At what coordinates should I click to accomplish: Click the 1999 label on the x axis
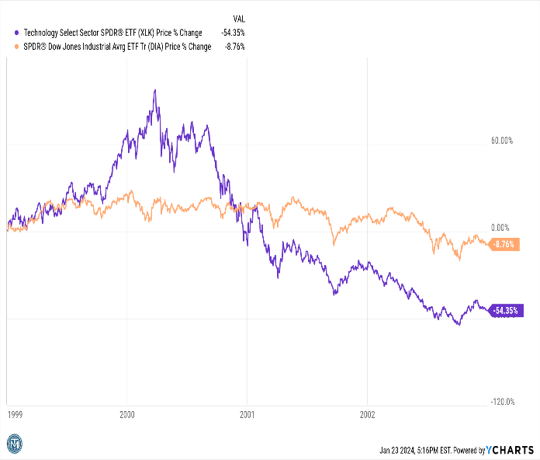(x=16, y=414)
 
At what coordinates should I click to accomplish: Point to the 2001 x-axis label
(x=247, y=414)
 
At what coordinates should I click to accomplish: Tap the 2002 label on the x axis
(x=367, y=414)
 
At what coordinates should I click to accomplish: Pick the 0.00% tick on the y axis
(x=501, y=228)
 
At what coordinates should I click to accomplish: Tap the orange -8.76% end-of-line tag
(x=504, y=244)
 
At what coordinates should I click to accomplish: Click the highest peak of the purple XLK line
(x=155, y=90)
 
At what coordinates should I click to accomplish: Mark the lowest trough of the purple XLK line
(x=459, y=324)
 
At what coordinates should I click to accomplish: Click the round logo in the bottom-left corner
(x=16, y=444)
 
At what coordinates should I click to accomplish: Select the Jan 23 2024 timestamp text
(x=415, y=450)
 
